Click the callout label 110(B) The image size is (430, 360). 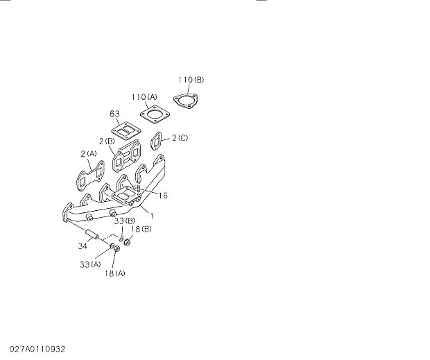click(191, 80)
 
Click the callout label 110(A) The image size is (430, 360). click(144, 96)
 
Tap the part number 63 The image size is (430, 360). click(115, 113)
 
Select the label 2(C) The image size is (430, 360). click(179, 138)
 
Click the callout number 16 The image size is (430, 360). click(163, 196)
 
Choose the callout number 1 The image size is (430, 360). click(151, 216)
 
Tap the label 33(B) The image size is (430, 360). click(125, 221)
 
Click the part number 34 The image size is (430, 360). click(83, 244)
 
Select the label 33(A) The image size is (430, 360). click(90, 264)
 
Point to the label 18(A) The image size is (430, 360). click(116, 273)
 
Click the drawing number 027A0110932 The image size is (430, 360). click(38, 346)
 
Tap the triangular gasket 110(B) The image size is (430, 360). click(183, 101)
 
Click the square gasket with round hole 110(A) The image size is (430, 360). click(154, 115)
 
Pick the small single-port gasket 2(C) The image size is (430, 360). click(157, 142)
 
